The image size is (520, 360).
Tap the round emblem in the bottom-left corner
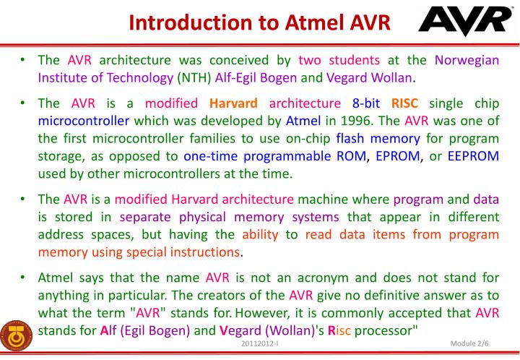tap(15, 333)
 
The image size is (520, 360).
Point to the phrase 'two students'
tap(339, 60)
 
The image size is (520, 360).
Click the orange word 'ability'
tap(260, 233)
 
